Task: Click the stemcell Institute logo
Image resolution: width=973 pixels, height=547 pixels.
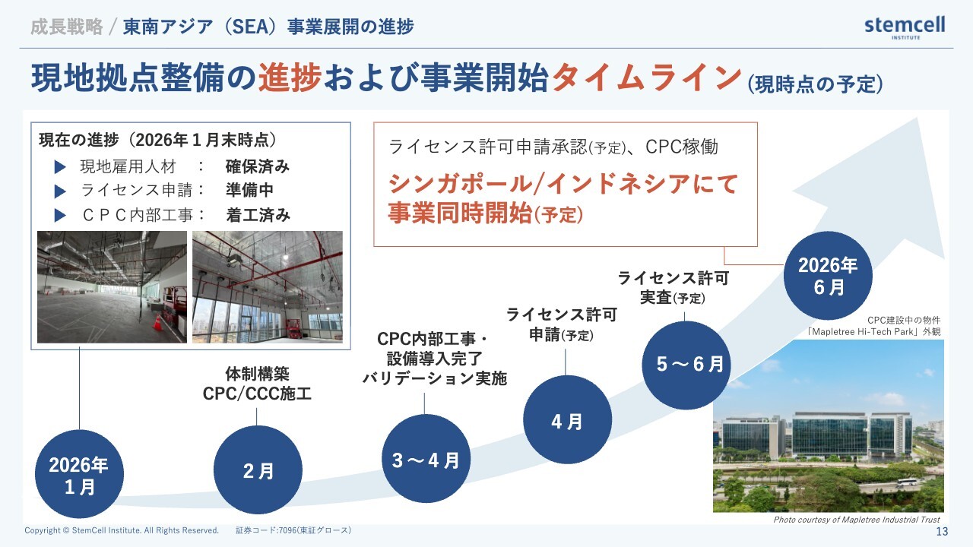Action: (905, 27)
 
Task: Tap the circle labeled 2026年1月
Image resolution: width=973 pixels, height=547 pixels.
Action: (79, 474)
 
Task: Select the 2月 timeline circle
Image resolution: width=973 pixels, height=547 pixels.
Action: (258, 470)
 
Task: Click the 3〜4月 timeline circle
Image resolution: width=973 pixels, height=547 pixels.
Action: (426, 459)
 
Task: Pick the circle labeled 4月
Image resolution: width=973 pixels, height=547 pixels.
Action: (567, 420)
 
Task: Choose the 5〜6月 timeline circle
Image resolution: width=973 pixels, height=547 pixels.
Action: (686, 365)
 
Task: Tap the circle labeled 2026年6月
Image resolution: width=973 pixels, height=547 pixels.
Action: (828, 276)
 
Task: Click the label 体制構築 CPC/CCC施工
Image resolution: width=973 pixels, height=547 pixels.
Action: (257, 384)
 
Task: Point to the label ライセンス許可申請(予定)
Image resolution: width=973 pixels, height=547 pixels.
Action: (562, 324)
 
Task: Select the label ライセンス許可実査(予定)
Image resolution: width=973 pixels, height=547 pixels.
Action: (673, 287)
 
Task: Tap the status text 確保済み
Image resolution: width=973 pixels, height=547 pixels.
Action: (258, 166)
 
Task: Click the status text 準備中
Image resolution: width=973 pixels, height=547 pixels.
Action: (249, 190)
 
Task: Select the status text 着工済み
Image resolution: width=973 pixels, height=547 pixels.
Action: (258, 215)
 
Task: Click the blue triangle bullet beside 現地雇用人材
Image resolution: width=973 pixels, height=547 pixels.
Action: (60, 166)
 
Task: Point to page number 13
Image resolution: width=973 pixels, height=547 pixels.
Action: (942, 531)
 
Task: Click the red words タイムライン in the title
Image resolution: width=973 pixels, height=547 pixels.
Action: (646, 78)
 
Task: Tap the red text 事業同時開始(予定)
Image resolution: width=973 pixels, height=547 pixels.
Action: (485, 213)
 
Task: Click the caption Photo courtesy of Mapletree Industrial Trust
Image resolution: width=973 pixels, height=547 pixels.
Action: (857, 520)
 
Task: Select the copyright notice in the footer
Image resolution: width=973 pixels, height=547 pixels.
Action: (122, 530)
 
